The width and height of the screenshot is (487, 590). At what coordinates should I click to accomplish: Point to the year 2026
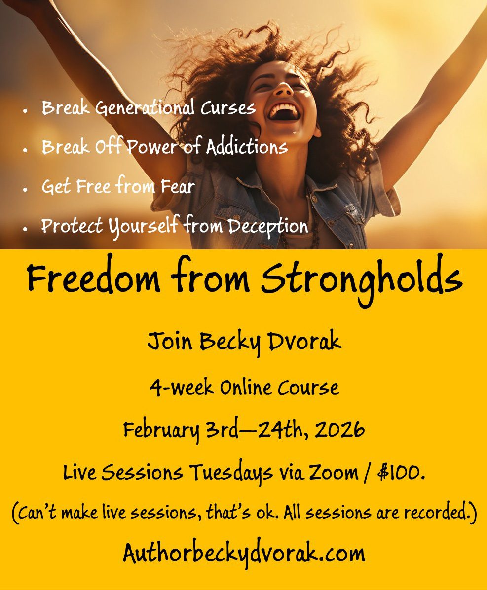(339, 430)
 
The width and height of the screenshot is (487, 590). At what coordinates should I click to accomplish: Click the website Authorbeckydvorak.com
(244, 554)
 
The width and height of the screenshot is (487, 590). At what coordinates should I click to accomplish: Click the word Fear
(175, 186)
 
